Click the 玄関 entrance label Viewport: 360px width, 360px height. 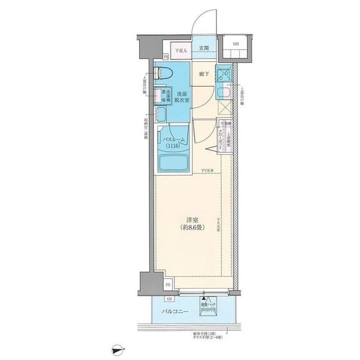pos(204,48)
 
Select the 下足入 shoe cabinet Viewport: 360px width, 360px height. pos(179,51)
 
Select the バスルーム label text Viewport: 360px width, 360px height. pos(175,139)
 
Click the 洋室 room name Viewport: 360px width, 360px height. pos(192,220)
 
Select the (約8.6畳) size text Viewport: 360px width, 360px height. pos(192,228)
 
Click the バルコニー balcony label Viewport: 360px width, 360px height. pos(175,310)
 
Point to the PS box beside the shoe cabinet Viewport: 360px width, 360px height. pos(166,57)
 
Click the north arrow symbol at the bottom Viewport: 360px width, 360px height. pos(117,352)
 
